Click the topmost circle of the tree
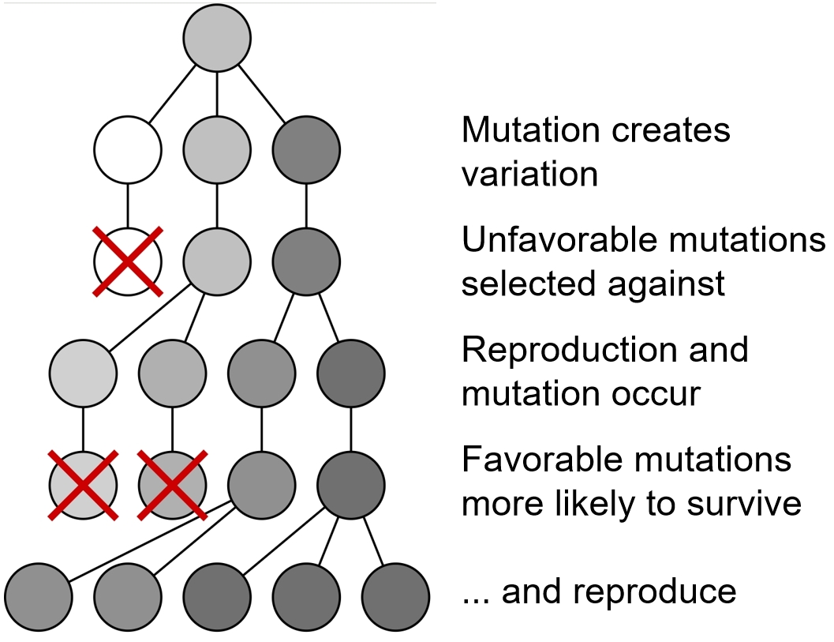(x=217, y=38)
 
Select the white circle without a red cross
(x=128, y=148)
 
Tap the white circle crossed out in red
(x=128, y=260)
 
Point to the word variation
(x=529, y=174)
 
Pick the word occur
(x=660, y=392)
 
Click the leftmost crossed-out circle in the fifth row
(x=83, y=484)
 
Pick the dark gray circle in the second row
(x=306, y=148)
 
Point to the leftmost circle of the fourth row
(x=83, y=371)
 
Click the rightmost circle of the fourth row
(x=351, y=371)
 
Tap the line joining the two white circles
(x=128, y=205)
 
